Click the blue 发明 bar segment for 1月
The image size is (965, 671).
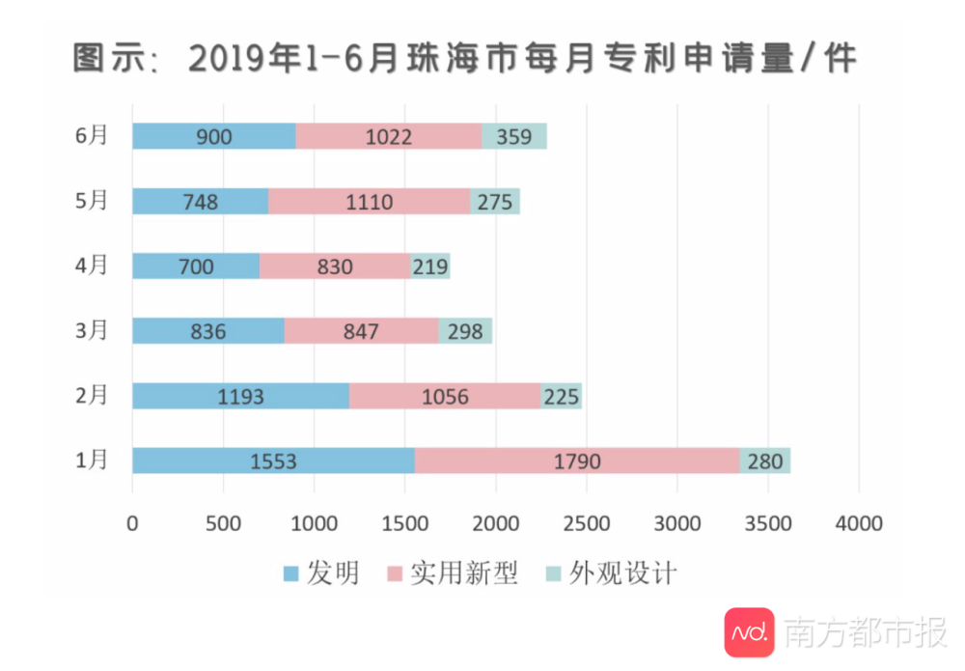[273, 461]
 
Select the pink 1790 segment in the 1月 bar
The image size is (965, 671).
[577, 461]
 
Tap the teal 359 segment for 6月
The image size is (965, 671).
[514, 136]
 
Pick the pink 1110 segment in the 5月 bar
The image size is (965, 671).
[369, 201]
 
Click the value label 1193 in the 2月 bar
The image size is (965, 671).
[241, 396]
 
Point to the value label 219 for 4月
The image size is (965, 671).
[430, 266]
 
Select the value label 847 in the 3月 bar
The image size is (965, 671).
[361, 331]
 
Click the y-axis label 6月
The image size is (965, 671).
[92, 136]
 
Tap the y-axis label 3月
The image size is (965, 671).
[92, 331]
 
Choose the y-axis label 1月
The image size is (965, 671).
[92, 461]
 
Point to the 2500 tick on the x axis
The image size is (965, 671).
[587, 523]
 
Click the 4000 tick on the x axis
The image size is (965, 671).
[859, 523]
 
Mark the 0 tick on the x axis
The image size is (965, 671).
[132, 523]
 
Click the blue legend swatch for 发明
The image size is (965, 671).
[291, 574]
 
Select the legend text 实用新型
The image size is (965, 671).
[464, 573]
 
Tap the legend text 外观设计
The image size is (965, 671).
[622, 573]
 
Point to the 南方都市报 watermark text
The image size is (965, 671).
[865, 633]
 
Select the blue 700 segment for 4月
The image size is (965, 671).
[196, 266]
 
